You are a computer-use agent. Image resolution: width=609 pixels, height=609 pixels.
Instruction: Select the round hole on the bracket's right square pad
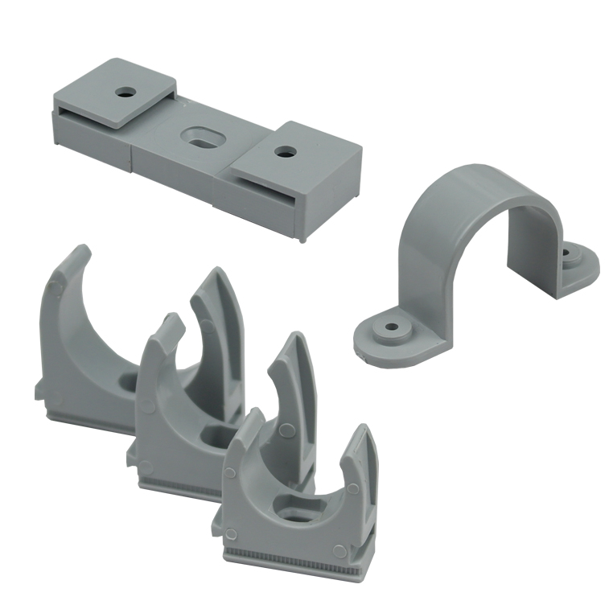point(282,150)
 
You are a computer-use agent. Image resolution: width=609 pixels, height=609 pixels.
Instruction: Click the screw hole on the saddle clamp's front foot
point(392,329)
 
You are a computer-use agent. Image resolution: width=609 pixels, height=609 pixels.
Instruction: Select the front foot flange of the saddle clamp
point(386,333)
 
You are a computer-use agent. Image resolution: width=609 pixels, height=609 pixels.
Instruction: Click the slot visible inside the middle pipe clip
point(213,438)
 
